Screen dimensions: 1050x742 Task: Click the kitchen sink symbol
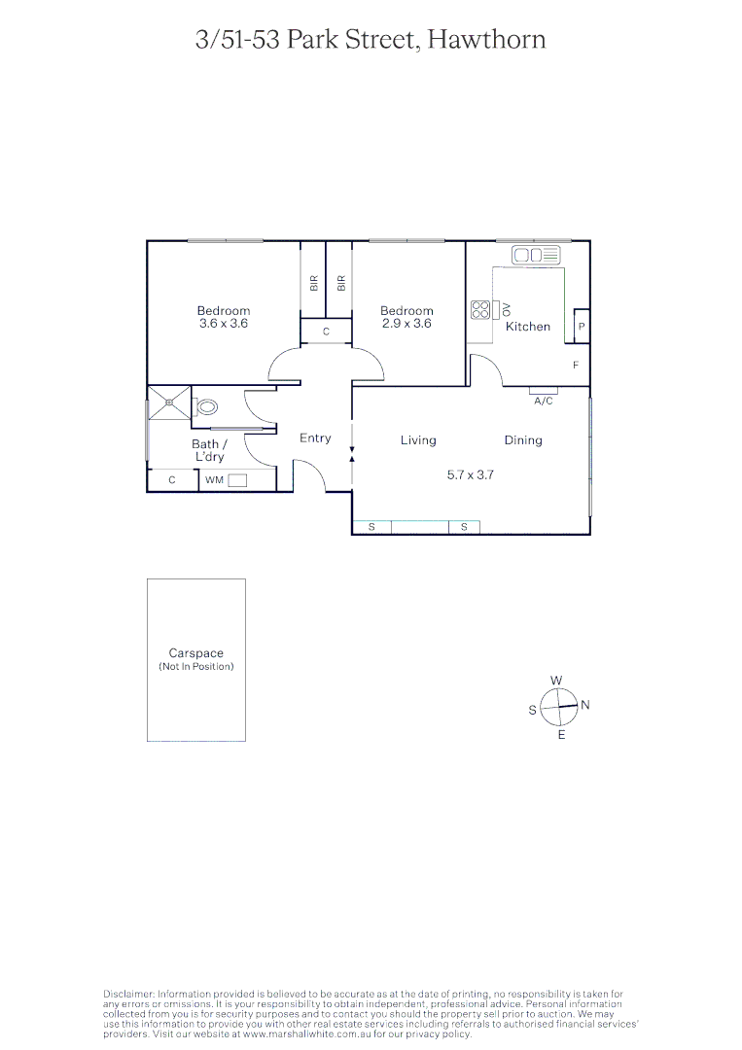click(538, 255)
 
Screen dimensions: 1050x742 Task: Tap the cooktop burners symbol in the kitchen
click(480, 310)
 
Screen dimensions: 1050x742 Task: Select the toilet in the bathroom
click(206, 408)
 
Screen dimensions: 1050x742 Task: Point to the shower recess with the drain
click(169, 402)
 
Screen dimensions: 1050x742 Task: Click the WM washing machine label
click(214, 480)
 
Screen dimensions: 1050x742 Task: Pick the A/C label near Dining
click(544, 401)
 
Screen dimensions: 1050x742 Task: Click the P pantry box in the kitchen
click(582, 327)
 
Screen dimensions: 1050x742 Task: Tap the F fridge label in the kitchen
click(576, 366)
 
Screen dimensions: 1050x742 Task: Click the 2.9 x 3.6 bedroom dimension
click(406, 324)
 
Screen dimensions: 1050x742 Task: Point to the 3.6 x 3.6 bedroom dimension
click(224, 324)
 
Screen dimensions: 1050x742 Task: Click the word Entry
click(315, 438)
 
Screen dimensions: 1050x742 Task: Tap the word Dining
click(523, 440)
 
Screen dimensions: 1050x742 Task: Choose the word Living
click(418, 440)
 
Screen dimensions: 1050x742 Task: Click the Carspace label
click(196, 654)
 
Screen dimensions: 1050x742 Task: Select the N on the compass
click(585, 705)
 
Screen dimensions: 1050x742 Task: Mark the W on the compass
click(556, 681)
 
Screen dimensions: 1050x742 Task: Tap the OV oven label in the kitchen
click(506, 309)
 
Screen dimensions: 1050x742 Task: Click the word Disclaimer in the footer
click(128, 994)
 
